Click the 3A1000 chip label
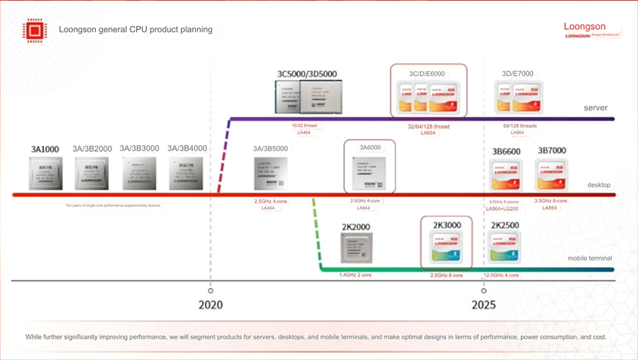(x=45, y=148)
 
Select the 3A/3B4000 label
(x=187, y=148)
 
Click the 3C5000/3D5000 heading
(x=307, y=74)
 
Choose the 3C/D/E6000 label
(x=427, y=74)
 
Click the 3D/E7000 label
(x=517, y=74)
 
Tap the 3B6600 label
(x=506, y=150)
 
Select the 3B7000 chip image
(x=550, y=177)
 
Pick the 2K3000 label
(x=446, y=225)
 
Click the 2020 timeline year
(x=210, y=305)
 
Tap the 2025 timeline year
(x=484, y=305)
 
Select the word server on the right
(x=596, y=108)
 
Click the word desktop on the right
(x=599, y=185)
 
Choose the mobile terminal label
(x=590, y=259)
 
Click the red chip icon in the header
(x=35, y=30)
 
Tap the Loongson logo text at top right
(x=585, y=27)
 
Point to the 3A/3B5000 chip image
(x=270, y=173)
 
